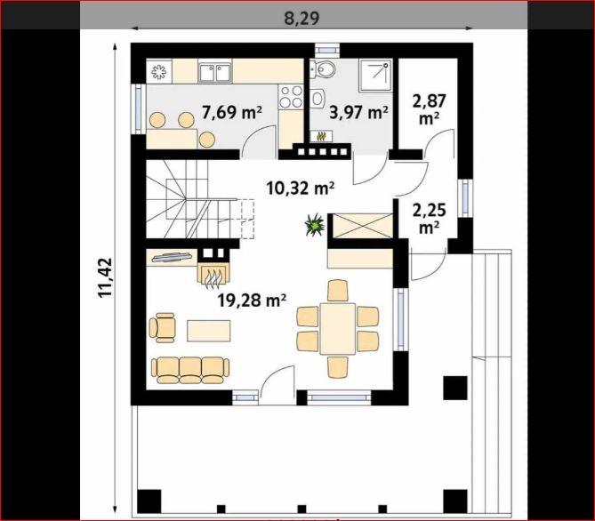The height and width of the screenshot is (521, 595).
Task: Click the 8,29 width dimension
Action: pos(302,18)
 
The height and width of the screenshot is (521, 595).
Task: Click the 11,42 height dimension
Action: pos(105,277)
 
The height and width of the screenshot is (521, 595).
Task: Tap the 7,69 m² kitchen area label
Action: pos(232,112)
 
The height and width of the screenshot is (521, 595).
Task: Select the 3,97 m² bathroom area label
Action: pos(358,112)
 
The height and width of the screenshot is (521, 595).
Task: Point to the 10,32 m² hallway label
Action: pos(300,188)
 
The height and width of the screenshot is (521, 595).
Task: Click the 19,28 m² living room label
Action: pos(252,300)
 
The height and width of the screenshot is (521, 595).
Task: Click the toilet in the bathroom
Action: pos(324,69)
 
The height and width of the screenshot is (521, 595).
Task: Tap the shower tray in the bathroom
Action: pos(375,76)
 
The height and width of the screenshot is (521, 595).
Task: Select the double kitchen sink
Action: pos(214,72)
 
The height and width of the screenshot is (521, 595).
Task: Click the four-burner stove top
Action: pos(291,96)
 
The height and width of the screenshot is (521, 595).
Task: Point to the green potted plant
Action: pos(315,225)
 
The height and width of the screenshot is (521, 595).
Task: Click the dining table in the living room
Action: pos(337,329)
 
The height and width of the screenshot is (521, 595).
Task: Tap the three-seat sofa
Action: pos(190,370)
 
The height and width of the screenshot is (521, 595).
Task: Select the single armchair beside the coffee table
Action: pos(163,327)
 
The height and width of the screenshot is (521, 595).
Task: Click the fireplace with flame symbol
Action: pos(213,273)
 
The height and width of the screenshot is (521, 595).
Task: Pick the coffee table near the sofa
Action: pos(209,331)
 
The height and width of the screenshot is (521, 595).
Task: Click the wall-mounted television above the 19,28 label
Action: pos(172,257)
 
